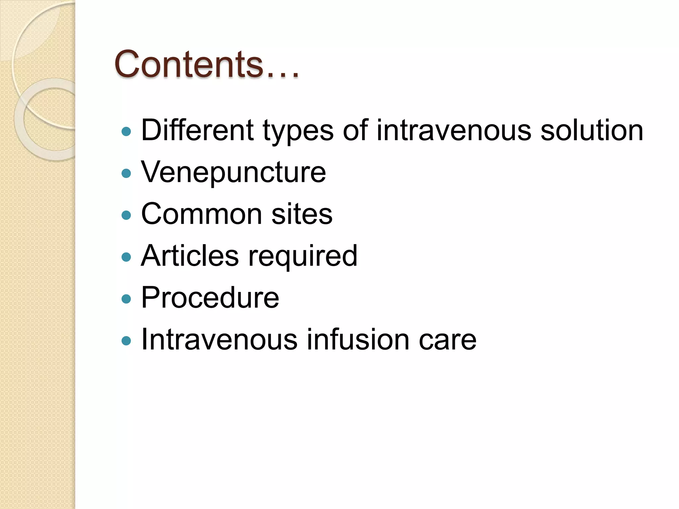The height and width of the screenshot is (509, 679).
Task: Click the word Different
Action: pos(197,130)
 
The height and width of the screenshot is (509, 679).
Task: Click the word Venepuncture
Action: pos(233,172)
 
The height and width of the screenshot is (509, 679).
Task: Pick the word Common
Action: pos(201,214)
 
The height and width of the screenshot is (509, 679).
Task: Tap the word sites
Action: pos(302,214)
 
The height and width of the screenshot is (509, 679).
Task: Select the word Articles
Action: pos(190,255)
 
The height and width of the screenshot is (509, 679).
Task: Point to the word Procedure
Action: pos(210,298)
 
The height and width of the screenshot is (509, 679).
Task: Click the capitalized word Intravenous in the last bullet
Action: pos(219,339)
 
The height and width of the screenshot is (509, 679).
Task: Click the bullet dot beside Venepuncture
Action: pos(126,173)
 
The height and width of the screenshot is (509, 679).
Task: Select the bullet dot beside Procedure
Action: pos(126,299)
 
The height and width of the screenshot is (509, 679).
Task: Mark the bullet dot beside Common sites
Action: pos(126,215)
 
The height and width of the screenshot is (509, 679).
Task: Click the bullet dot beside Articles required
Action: pos(126,257)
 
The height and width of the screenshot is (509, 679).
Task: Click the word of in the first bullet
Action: pos(355,130)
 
